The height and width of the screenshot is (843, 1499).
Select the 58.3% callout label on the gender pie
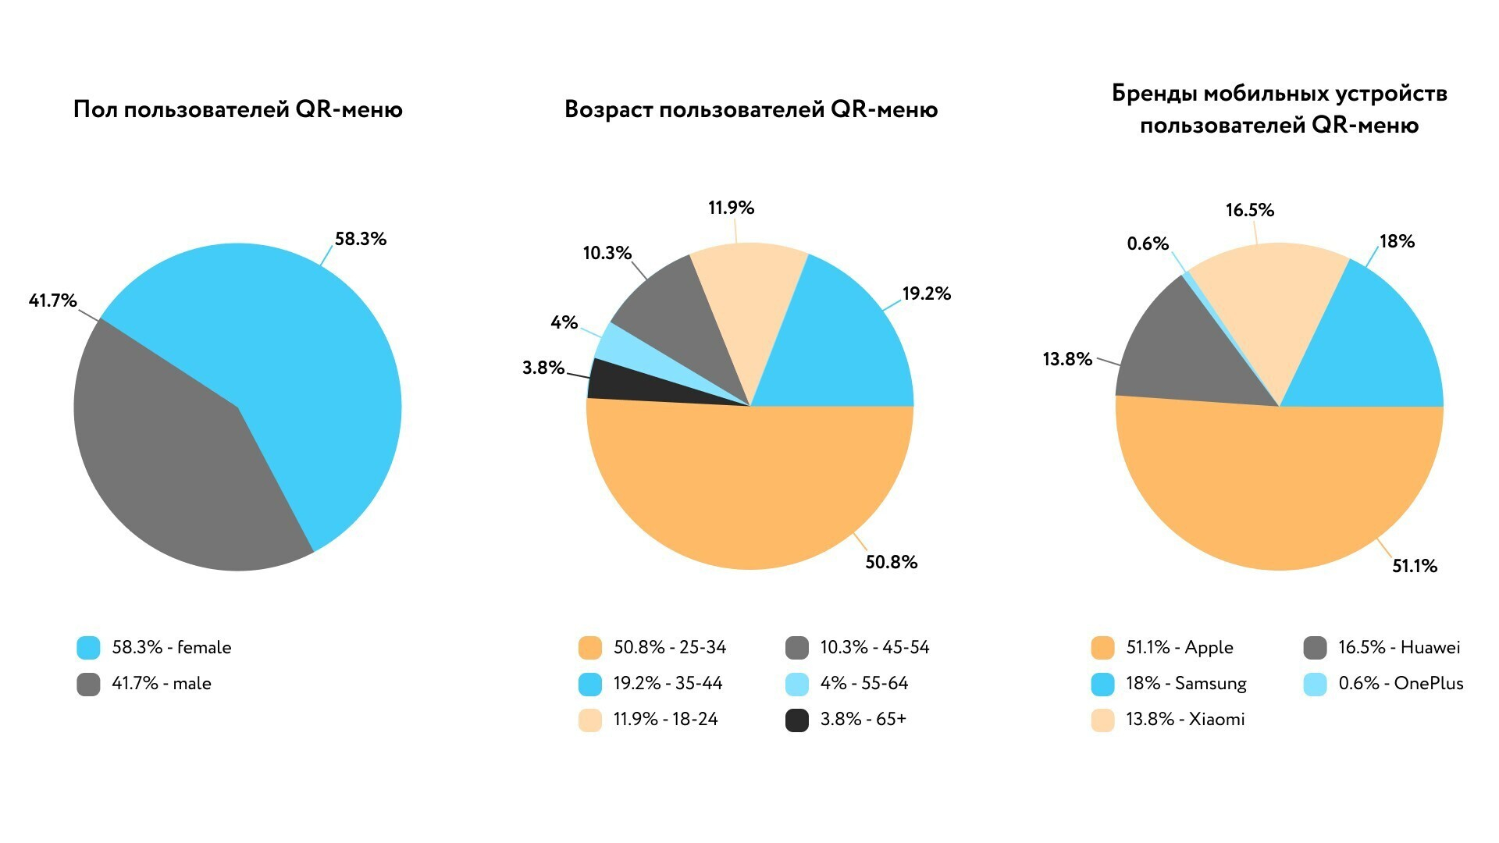tap(361, 239)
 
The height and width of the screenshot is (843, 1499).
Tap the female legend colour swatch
tap(88, 648)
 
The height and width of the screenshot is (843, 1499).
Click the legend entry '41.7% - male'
tap(161, 684)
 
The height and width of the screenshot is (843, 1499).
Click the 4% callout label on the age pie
tap(564, 322)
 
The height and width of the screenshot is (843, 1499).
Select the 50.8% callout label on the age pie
tap(891, 562)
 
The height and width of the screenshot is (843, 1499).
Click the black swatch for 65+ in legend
tap(797, 720)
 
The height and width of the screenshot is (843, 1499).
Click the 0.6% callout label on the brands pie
tap(1148, 244)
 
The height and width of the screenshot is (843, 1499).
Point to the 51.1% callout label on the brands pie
tap(1415, 566)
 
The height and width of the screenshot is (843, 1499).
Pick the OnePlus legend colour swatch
tap(1316, 684)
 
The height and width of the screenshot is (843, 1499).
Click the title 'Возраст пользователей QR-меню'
tap(751, 109)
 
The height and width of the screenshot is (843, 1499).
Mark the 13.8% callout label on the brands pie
tap(1067, 359)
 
